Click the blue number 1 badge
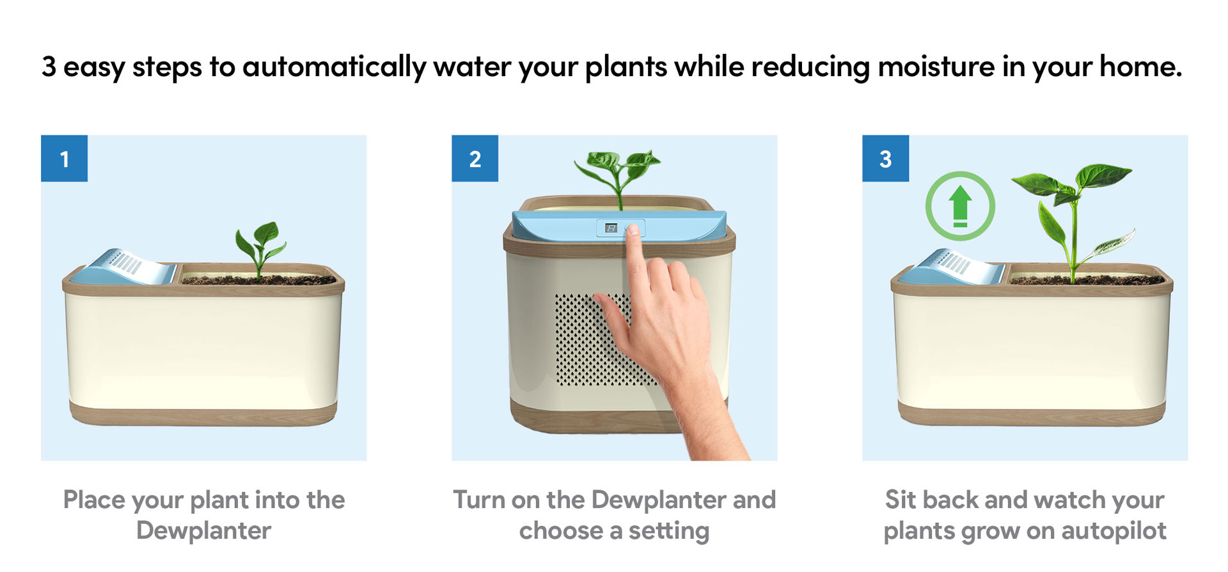click(x=64, y=158)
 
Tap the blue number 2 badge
click(x=475, y=158)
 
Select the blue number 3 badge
click(x=885, y=158)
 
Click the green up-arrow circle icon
click(x=960, y=205)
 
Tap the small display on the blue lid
click(x=611, y=228)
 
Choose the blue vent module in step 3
click(x=952, y=267)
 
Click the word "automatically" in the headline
click(x=334, y=67)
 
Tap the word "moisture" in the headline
click(x=936, y=67)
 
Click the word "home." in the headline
click(x=1140, y=67)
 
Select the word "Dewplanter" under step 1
click(x=203, y=530)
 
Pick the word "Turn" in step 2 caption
click(x=479, y=500)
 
